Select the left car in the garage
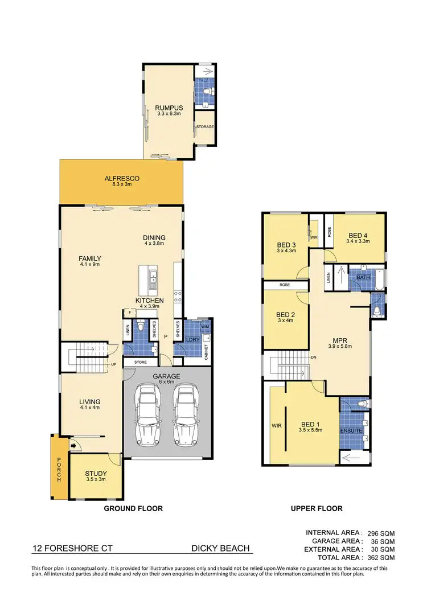point(149,416)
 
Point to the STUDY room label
point(96,477)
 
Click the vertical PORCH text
point(58,470)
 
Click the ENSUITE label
point(351,430)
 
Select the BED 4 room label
point(359,238)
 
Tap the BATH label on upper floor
point(363,277)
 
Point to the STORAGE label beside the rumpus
point(204,126)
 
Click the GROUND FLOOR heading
point(133,508)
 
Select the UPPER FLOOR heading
point(316,508)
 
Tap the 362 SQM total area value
point(380,558)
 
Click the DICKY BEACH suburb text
point(220,548)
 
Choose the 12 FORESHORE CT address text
point(72,548)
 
